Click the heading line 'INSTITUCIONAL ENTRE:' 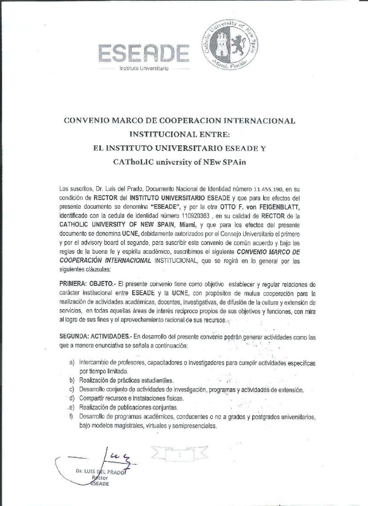[x=179, y=135]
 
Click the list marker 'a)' [x=72, y=363]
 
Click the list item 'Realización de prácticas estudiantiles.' [x=126, y=380]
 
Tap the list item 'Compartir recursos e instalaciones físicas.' [x=132, y=398]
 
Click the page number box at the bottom [x=180, y=456]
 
